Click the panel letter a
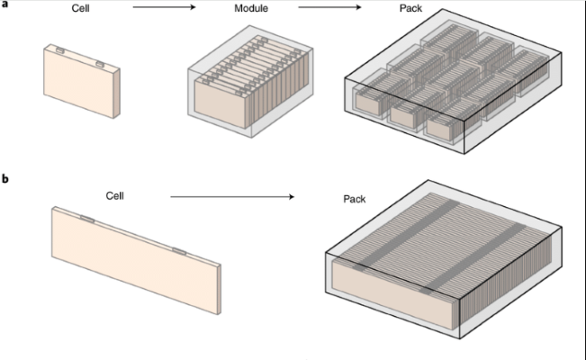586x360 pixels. [5, 4]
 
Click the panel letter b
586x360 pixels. [6, 179]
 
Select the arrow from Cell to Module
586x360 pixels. [166, 10]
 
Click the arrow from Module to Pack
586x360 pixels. [329, 10]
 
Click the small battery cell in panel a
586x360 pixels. [80, 85]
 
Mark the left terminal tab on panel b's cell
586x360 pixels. [86, 219]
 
